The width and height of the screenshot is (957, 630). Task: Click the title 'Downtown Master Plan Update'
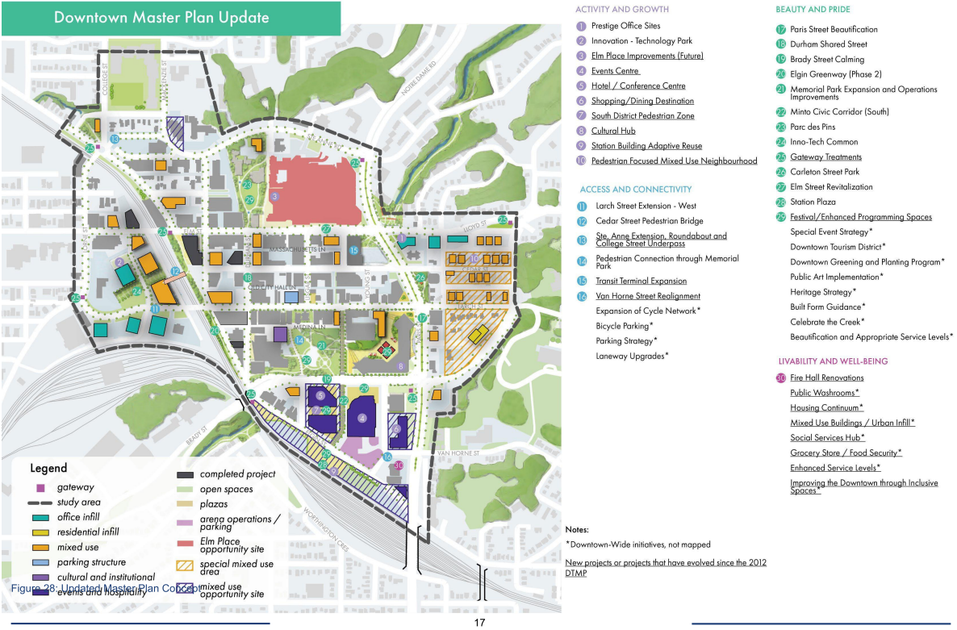click(x=161, y=17)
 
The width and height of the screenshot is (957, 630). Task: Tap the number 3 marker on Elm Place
click(x=275, y=196)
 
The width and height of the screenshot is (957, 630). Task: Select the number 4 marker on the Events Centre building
click(x=362, y=418)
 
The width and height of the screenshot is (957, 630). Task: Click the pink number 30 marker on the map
click(x=398, y=465)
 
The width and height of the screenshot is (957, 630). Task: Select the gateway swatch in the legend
click(x=40, y=487)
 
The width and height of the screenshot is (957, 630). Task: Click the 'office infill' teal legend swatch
click(x=40, y=517)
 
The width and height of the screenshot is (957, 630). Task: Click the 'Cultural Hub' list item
click(x=613, y=131)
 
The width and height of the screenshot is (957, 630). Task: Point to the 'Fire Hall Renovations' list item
click(x=826, y=378)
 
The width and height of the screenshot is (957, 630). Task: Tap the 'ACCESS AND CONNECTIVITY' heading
click(x=635, y=190)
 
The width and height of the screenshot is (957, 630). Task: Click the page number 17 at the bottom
click(x=479, y=623)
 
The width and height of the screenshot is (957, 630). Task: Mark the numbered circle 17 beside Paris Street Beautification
click(x=780, y=29)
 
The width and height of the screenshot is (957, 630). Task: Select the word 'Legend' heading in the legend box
click(x=48, y=469)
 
